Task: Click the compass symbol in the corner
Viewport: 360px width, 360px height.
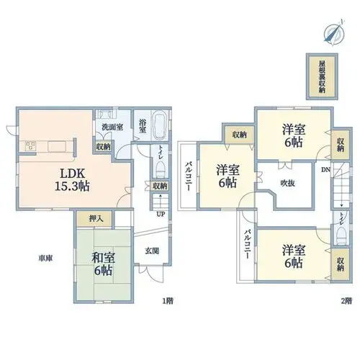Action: coord(335,32)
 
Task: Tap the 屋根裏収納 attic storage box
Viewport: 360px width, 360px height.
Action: coord(322,76)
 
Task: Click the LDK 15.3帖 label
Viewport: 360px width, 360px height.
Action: coord(72,179)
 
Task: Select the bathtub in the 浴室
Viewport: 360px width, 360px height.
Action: coord(160,125)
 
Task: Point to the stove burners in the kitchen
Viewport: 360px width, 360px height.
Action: coord(31,146)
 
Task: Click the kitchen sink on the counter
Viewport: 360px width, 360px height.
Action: coord(57,146)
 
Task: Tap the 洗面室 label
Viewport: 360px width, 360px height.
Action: coord(112,127)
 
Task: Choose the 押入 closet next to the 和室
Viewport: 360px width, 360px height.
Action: coord(94,218)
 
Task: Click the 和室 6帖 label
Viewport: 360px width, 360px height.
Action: coord(103,264)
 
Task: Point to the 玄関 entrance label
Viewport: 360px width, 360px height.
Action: coord(152,251)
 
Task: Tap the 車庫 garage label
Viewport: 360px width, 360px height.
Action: coord(45,258)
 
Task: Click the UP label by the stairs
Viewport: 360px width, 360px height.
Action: coord(161,215)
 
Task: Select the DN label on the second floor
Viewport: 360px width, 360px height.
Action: coord(325,170)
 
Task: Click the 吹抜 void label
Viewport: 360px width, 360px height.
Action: coord(287,184)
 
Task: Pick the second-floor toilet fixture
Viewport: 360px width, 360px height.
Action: coord(341,235)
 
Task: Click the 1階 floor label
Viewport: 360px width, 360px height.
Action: coord(168,301)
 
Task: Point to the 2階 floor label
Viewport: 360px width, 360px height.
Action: coord(346,301)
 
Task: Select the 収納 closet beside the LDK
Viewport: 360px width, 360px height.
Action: coord(103,147)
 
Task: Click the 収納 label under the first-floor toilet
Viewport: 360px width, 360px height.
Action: coord(160,186)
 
